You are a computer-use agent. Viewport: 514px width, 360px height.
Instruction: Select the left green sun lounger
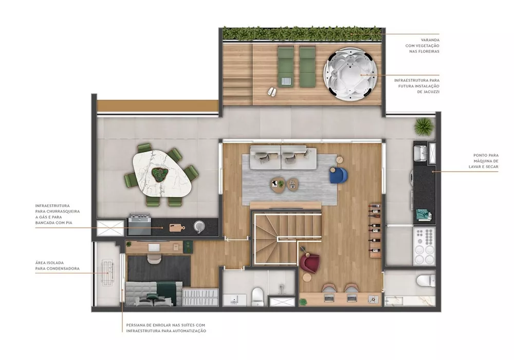coord(285,65)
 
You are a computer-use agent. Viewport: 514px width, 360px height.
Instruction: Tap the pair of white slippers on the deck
coord(272,92)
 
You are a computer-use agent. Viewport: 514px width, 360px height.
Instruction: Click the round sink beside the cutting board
coord(199,226)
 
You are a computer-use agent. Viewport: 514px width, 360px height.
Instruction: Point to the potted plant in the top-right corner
coord(424,125)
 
